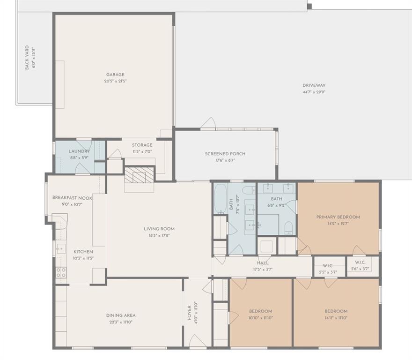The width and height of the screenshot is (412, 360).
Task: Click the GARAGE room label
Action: point(115,75)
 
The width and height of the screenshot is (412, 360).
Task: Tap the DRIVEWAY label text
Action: point(314,85)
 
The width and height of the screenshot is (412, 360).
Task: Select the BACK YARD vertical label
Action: point(27,58)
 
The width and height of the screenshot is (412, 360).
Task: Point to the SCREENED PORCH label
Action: point(225,154)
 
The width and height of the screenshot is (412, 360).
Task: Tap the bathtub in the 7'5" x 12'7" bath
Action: point(220,198)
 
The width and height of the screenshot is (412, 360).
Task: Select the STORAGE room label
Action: point(142,145)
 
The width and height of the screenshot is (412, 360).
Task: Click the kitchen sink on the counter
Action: point(61,249)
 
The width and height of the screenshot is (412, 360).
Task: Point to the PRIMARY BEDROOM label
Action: point(338,217)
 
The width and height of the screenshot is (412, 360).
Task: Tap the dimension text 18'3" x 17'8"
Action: point(159,235)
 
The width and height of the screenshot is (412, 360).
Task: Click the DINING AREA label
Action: point(121,315)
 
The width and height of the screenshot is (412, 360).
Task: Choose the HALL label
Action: point(263,263)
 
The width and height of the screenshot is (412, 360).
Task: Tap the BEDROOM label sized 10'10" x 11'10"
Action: point(260,311)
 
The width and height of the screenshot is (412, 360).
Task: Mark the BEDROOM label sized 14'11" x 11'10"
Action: point(336,311)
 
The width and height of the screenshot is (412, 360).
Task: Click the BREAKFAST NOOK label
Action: point(72,198)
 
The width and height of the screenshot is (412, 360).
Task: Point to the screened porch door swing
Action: point(208,124)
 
